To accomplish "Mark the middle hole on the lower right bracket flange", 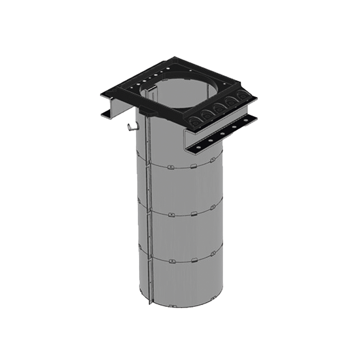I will pyautogui.click(x=222, y=134).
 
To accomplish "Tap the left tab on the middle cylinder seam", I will pyautogui.click(x=171, y=215).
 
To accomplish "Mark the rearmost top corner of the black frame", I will pyautogui.click(x=175, y=57).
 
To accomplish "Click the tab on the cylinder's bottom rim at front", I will pyautogui.click(x=172, y=306).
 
